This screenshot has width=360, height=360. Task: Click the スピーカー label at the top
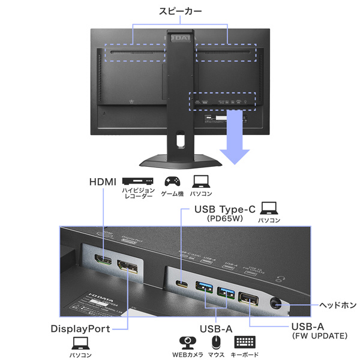tap(181, 11)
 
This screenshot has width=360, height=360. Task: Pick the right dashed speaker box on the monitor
tap(226, 52)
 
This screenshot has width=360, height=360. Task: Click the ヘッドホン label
tap(330, 303)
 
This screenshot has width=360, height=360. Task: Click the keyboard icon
tap(244, 342)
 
